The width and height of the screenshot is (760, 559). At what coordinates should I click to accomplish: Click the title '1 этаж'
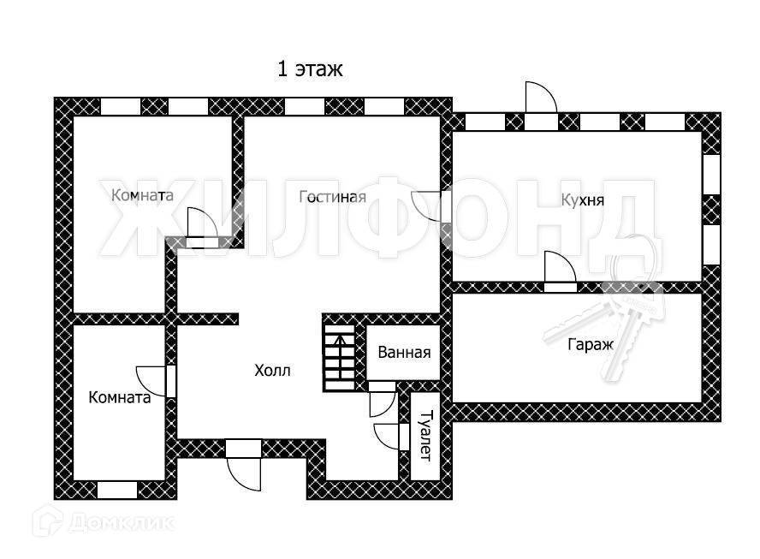coord(310,69)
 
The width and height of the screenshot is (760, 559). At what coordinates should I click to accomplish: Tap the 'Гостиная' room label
coord(332,198)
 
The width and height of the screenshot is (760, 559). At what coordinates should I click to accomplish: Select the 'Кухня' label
coord(583,201)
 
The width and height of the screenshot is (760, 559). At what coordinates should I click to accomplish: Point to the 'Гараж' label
coord(591,345)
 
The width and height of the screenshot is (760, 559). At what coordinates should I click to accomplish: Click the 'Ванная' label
coord(404,353)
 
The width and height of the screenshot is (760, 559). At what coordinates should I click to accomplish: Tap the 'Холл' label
coord(272,371)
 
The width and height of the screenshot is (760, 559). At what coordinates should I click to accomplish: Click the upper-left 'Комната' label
coord(142,195)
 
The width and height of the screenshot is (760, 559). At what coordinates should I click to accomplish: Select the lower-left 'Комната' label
coord(120,397)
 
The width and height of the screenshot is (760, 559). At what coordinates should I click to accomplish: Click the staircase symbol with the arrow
coord(339,352)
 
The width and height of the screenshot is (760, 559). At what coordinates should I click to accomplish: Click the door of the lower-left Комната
coord(157,381)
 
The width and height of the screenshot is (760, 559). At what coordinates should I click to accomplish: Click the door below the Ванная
coord(381,399)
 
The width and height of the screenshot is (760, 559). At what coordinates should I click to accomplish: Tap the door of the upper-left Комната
coord(201,229)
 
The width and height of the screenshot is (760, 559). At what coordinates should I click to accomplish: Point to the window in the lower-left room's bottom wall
coord(116,491)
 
